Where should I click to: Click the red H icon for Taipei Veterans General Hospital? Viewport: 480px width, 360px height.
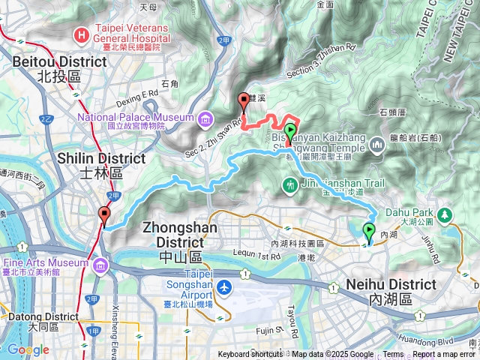pos(80,34)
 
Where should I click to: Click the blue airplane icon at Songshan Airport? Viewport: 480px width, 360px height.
pos(224,287)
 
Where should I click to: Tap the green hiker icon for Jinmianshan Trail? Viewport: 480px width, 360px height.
pos(289,184)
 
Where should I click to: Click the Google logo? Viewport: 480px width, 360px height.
pos(28,349)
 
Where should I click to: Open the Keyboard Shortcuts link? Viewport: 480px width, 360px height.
pos(250,355)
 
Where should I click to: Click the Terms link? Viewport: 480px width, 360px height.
pos(393,355)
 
